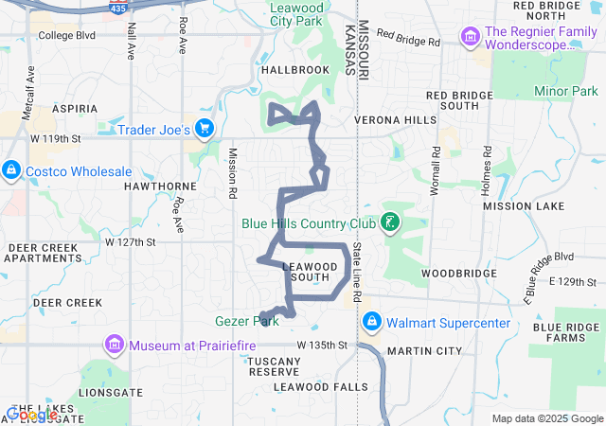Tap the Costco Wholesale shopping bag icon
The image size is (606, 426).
coord(10,170)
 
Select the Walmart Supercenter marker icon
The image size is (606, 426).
coord(371,323)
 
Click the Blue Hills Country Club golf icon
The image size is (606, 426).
coord(388,223)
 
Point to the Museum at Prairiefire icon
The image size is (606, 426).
coord(115,345)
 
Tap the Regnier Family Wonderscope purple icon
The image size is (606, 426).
coord(469,37)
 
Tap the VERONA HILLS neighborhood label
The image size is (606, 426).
coord(396,121)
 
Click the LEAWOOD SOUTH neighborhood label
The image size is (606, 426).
coord(306,271)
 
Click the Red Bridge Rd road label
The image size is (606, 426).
coord(408,39)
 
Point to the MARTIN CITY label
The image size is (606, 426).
coord(423,351)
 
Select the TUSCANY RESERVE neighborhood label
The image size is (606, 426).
coord(274,365)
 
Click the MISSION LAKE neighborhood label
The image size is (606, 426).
coord(524,205)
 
